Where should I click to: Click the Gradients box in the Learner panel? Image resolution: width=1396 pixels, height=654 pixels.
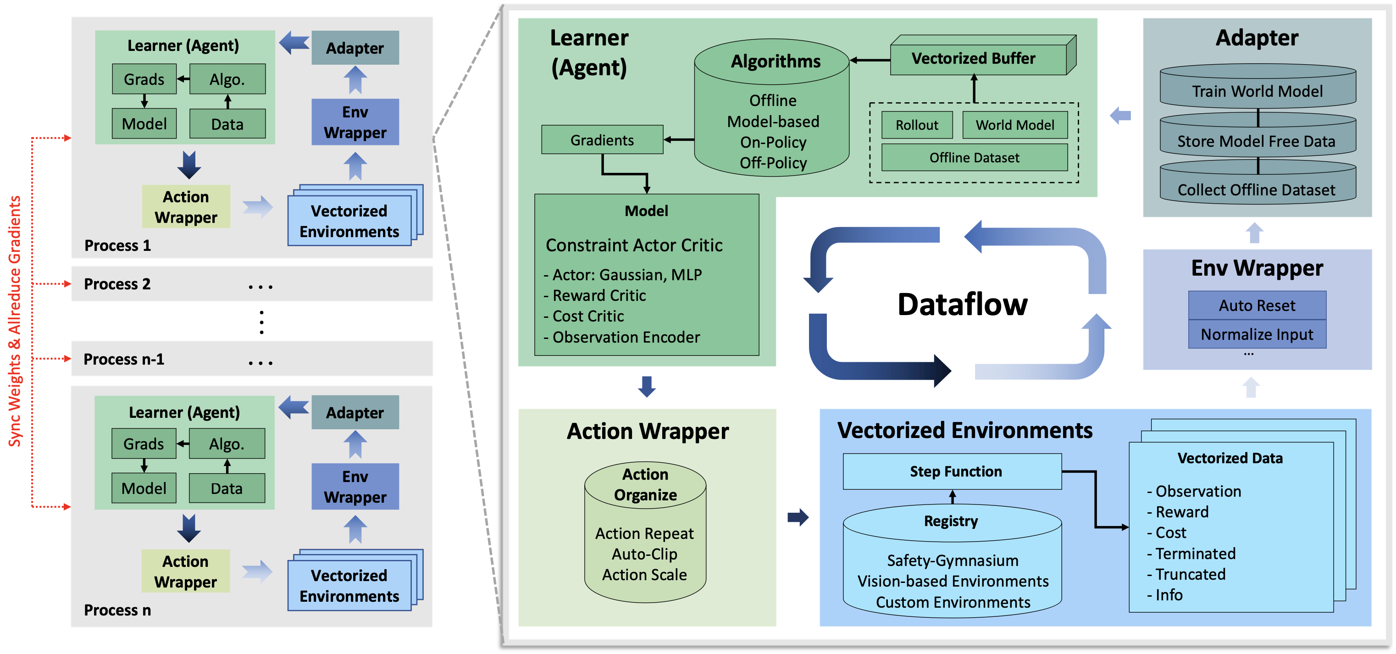pos(602,140)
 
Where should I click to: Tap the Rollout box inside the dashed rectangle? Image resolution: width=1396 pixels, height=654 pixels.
pos(916,125)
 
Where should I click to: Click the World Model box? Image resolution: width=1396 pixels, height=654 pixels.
pos(1014,125)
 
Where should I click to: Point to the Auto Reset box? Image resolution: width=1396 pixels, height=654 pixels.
pos(1257,305)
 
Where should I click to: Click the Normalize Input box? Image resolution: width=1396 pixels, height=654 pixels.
pos(1257,334)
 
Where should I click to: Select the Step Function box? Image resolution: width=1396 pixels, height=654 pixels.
pos(952,471)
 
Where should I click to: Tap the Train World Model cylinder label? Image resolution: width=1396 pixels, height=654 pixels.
pos(1257,91)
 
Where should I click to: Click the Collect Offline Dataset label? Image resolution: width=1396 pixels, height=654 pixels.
pos(1257,190)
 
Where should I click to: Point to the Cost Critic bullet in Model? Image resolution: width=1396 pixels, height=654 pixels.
pos(588,316)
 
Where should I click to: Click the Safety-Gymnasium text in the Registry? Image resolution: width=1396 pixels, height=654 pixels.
pos(952,560)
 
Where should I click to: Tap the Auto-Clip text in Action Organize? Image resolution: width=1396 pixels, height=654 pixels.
pos(644,554)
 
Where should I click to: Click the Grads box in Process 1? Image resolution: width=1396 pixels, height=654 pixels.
pos(144,79)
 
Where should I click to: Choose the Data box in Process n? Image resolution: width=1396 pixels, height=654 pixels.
pos(227,488)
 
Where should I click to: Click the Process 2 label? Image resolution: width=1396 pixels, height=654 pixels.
pos(117,284)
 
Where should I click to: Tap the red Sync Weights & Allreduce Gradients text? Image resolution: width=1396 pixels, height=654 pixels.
pos(15,321)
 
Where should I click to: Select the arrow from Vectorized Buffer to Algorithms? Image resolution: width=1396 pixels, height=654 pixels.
pos(870,60)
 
